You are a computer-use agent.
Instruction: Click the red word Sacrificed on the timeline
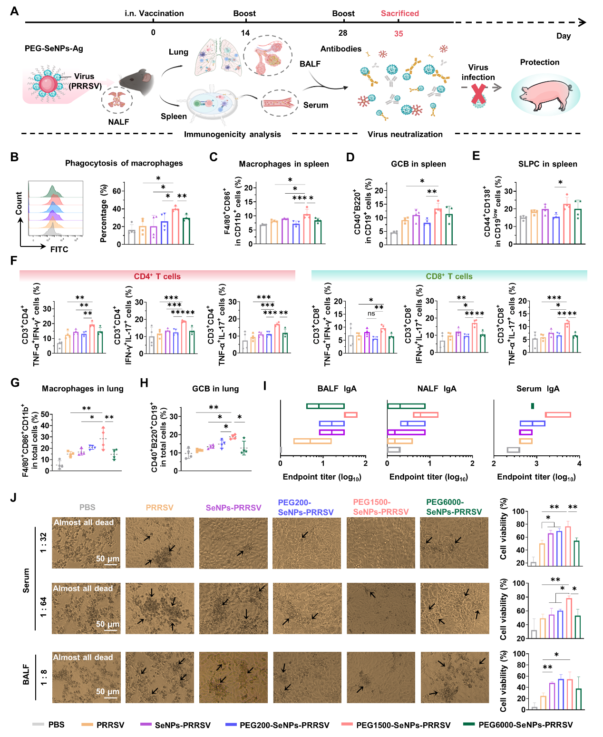tap(399, 13)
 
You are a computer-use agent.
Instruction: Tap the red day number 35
tap(399, 34)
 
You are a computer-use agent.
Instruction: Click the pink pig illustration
tap(545, 94)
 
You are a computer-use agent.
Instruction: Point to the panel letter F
tap(13, 261)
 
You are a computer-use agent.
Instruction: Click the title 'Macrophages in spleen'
tap(284, 164)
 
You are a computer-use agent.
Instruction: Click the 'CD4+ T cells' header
tap(157, 276)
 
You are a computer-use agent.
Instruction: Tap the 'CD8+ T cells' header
tap(449, 276)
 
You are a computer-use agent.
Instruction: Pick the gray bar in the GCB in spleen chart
tap(394, 238)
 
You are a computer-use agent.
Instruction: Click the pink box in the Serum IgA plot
tap(558, 415)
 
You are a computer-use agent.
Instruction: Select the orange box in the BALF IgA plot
tap(312, 441)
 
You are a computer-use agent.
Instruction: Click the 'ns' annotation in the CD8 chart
tap(371, 314)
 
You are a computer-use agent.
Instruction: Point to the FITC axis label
tap(59, 249)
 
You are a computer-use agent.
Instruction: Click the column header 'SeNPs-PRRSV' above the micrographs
tap(233, 508)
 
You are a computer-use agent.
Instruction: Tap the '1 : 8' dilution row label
tap(43, 677)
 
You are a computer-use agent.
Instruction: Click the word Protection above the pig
tap(539, 62)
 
